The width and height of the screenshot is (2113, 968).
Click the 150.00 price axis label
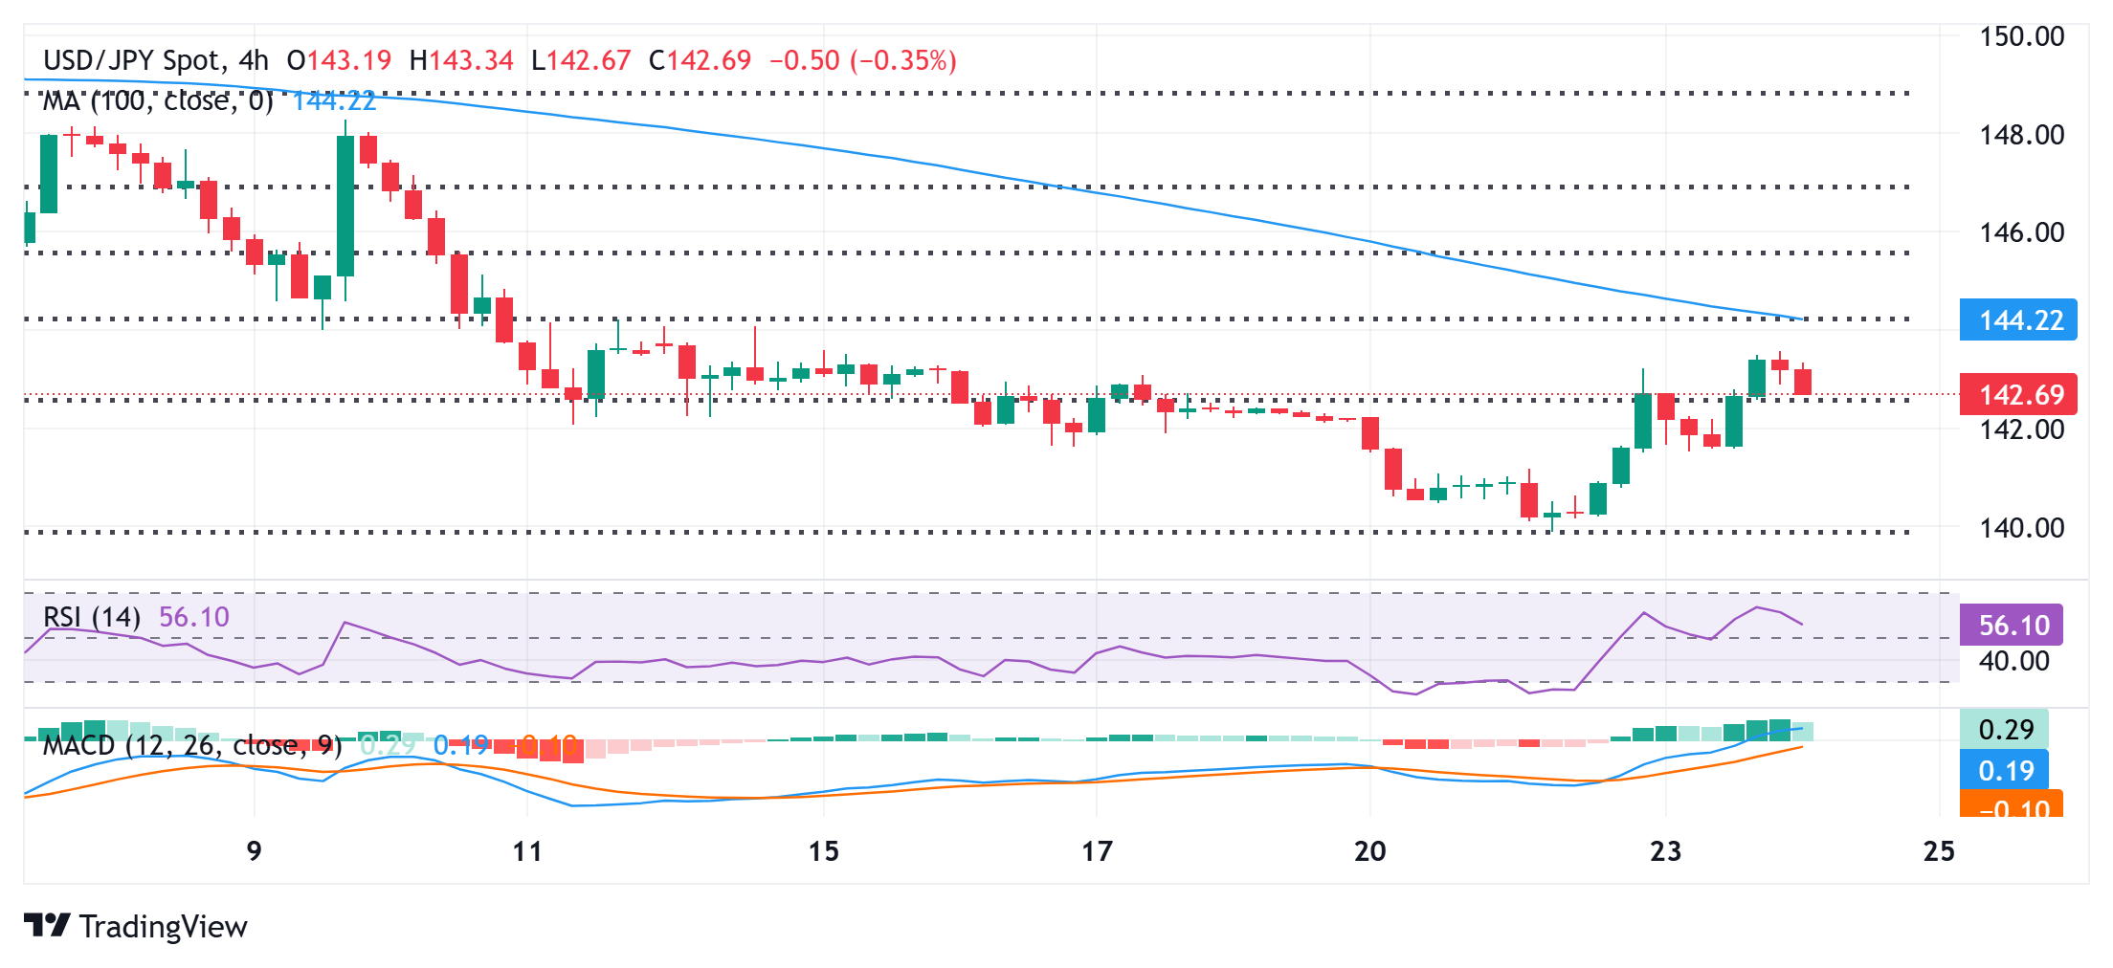2021,36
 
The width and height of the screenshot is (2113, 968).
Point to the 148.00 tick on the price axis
2021,135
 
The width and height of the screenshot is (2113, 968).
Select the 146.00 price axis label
2021,232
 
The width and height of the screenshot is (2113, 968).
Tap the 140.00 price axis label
2021,527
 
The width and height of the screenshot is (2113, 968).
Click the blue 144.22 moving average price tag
2019,319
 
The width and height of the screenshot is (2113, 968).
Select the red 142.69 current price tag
2019,394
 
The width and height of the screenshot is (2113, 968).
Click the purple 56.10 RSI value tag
2013,625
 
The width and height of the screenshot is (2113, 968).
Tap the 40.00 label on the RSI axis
2013,661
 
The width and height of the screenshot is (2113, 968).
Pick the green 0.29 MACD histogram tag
2005,730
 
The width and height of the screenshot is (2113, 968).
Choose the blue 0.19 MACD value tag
2005,770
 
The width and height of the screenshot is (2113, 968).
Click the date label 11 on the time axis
527,850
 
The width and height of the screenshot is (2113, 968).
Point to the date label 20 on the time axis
1369,850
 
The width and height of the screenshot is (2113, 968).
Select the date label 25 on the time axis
1939,850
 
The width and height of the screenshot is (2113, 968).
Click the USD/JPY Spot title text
132,61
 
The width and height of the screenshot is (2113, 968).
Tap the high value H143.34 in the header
461,61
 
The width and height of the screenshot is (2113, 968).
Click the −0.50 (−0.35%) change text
863,61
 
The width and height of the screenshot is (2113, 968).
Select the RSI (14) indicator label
92,617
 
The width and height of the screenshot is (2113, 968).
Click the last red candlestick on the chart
1803,381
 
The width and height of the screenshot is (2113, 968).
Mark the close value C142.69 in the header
700,61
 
